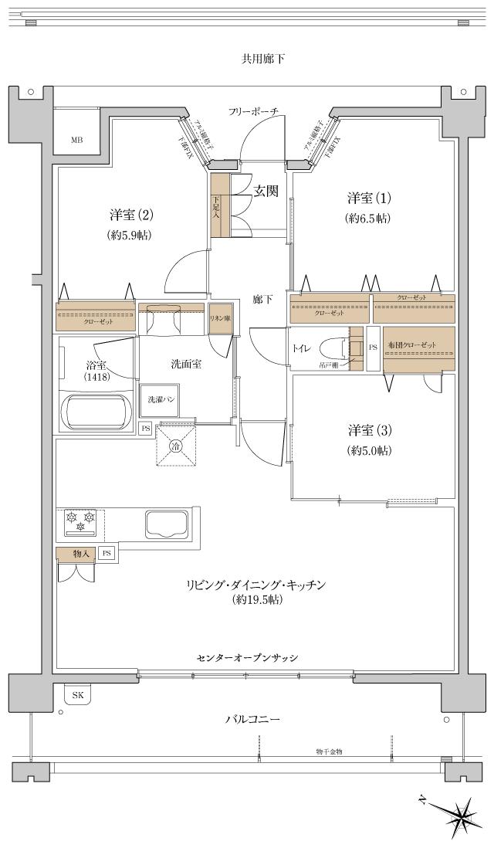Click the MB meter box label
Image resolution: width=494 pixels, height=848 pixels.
click(x=77, y=140)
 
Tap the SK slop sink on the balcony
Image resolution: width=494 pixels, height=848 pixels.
click(x=77, y=695)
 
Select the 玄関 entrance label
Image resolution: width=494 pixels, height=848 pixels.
click(x=266, y=192)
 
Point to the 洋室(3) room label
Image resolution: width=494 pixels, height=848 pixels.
click(x=368, y=431)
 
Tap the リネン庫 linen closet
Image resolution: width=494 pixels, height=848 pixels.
click(x=220, y=318)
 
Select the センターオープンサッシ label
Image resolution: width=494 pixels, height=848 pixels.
click(x=247, y=657)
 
